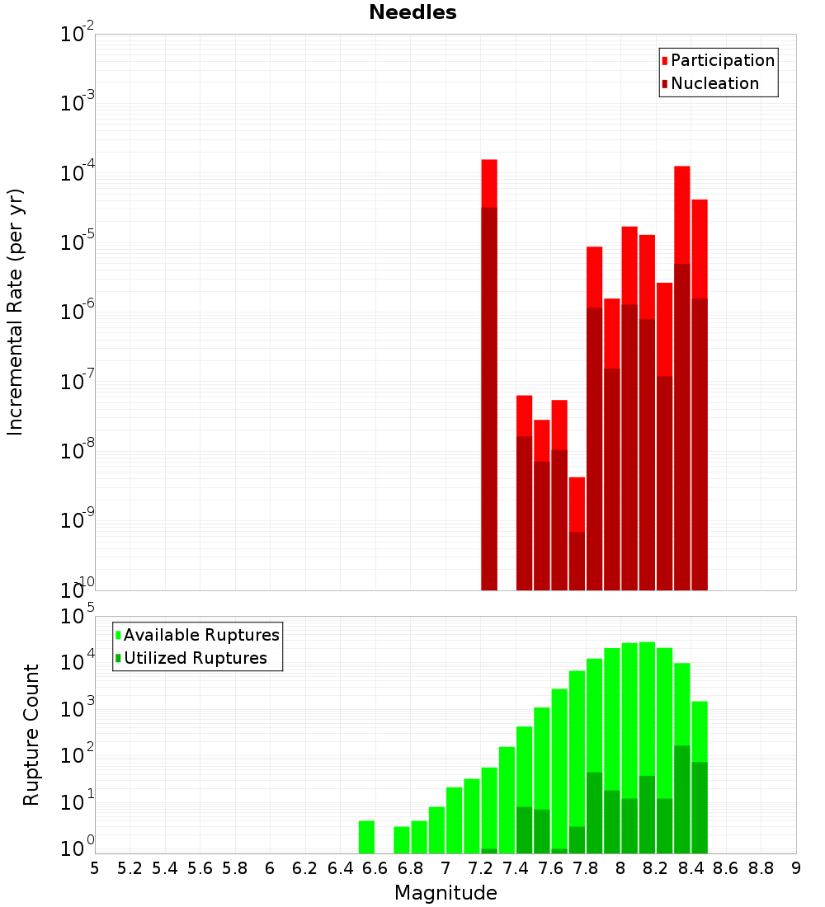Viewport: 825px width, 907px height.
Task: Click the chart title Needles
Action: pos(412,12)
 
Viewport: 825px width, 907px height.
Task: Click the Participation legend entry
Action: pos(722,60)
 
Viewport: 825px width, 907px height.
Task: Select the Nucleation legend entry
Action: pos(714,83)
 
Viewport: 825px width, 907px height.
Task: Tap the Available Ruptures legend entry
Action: pos(200,635)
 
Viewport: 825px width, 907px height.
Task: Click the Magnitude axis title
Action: pos(445,893)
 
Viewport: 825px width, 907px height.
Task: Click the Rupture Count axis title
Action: pos(31,735)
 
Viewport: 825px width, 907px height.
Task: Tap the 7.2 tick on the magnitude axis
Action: pos(480,867)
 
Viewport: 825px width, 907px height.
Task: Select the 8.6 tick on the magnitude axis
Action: pos(726,867)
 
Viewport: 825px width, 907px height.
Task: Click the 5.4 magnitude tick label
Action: pos(165,867)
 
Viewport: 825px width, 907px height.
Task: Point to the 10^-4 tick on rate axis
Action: pos(78,174)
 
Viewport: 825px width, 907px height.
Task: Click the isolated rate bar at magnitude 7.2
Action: pos(489,371)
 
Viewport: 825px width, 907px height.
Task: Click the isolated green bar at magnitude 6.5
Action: pos(367,837)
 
